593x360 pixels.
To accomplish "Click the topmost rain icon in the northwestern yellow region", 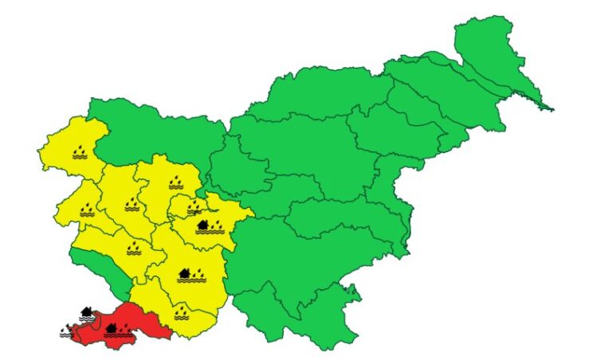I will [79, 151].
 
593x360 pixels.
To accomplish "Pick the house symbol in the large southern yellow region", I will [184, 273].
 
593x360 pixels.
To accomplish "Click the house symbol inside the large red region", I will [111, 327].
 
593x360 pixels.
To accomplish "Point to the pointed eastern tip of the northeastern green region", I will [550, 108].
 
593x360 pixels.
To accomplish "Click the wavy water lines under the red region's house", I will [118, 336].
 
